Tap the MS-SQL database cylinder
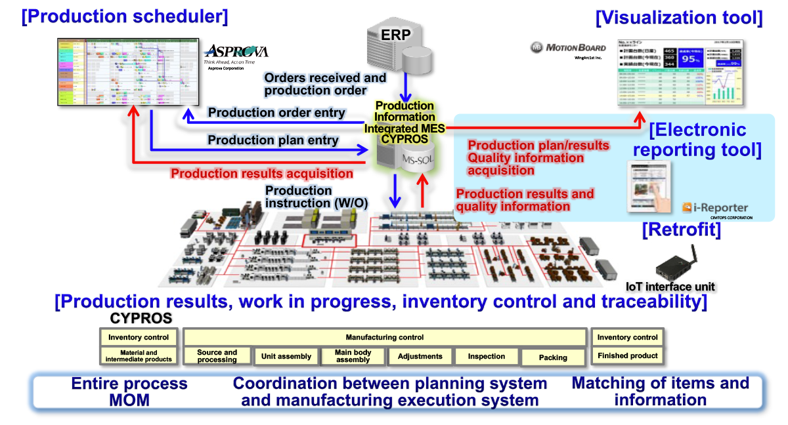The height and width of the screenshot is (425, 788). pos(401,159)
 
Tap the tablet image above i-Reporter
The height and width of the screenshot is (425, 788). pos(650,187)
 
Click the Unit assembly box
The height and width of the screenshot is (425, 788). pos(286,356)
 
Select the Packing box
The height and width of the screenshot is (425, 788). pos(553,357)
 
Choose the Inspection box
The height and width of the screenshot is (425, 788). pos(487,356)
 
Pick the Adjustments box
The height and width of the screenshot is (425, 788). pos(420,356)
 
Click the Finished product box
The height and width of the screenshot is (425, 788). pos(628,355)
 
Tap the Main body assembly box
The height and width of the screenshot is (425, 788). pos(353,356)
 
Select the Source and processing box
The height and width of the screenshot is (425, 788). pos(217,355)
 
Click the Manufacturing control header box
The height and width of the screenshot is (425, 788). pos(385,337)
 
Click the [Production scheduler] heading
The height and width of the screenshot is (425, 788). pos(125,16)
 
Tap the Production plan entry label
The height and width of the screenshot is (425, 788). pos(273,140)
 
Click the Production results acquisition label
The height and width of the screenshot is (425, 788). pos(262,174)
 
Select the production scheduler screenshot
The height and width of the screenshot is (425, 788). pos(128,72)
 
